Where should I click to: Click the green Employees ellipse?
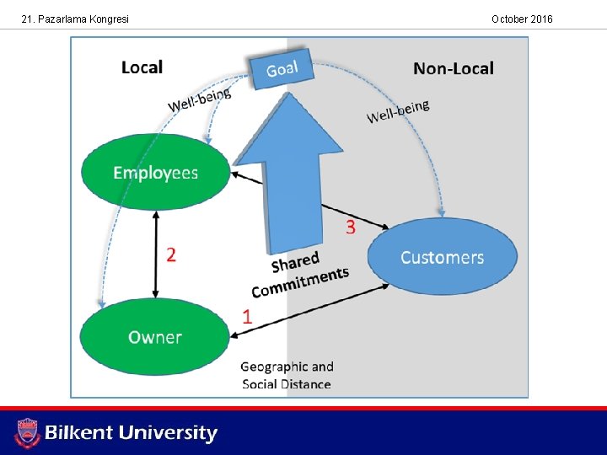(x=155, y=173)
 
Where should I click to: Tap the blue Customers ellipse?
(x=442, y=257)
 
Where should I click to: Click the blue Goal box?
(x=281, y=67)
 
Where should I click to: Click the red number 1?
(x=247, y=317)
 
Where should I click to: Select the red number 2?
(x=171, y=254)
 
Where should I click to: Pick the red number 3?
(x=350, y=227)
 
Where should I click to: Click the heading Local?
(x=142, y=67)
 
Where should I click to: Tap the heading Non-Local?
(x=454, y=68)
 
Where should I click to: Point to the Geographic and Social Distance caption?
(x=287, y=375)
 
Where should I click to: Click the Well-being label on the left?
(x=200, y=99)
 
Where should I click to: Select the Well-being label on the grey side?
(x=398, y=110)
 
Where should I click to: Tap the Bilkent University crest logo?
(x=28, y=433)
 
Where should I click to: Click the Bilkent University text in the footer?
(x=131, y=433)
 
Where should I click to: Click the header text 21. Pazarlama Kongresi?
(x=76, y=19)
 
